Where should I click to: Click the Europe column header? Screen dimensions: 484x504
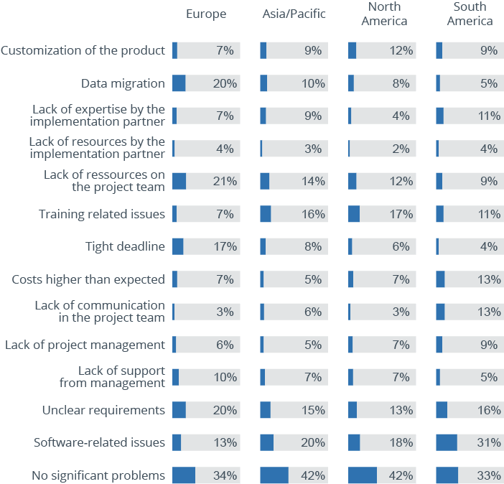point(206,14)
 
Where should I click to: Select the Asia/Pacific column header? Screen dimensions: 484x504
point(294,14)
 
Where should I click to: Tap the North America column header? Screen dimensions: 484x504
point(384,14)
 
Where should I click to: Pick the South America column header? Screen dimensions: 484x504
point(470,14)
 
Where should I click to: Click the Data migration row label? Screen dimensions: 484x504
point(123,83)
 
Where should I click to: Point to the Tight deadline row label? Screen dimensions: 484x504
point(125,246)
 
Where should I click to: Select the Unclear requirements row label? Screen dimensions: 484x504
point(103,410)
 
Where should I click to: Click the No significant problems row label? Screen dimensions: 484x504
point(98,475)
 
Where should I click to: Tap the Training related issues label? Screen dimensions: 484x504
point(101,214)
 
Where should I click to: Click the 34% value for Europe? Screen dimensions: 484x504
point(225,475)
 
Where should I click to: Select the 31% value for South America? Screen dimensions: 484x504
point(489,442)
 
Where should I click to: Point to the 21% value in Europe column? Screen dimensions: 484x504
point(225,181)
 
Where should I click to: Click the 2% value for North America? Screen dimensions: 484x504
point(401,149)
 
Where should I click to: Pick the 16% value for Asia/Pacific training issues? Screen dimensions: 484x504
point(313,214)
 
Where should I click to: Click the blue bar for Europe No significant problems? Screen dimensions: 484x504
point(184,475)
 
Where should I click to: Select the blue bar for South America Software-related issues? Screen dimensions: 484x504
point(447,442)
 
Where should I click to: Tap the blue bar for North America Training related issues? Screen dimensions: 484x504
point(354,214)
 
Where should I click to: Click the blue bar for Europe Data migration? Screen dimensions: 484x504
point(179,83)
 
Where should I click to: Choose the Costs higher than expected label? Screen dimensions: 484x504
point(88,279)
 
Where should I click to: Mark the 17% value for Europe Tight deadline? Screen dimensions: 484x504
point(225,246)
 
